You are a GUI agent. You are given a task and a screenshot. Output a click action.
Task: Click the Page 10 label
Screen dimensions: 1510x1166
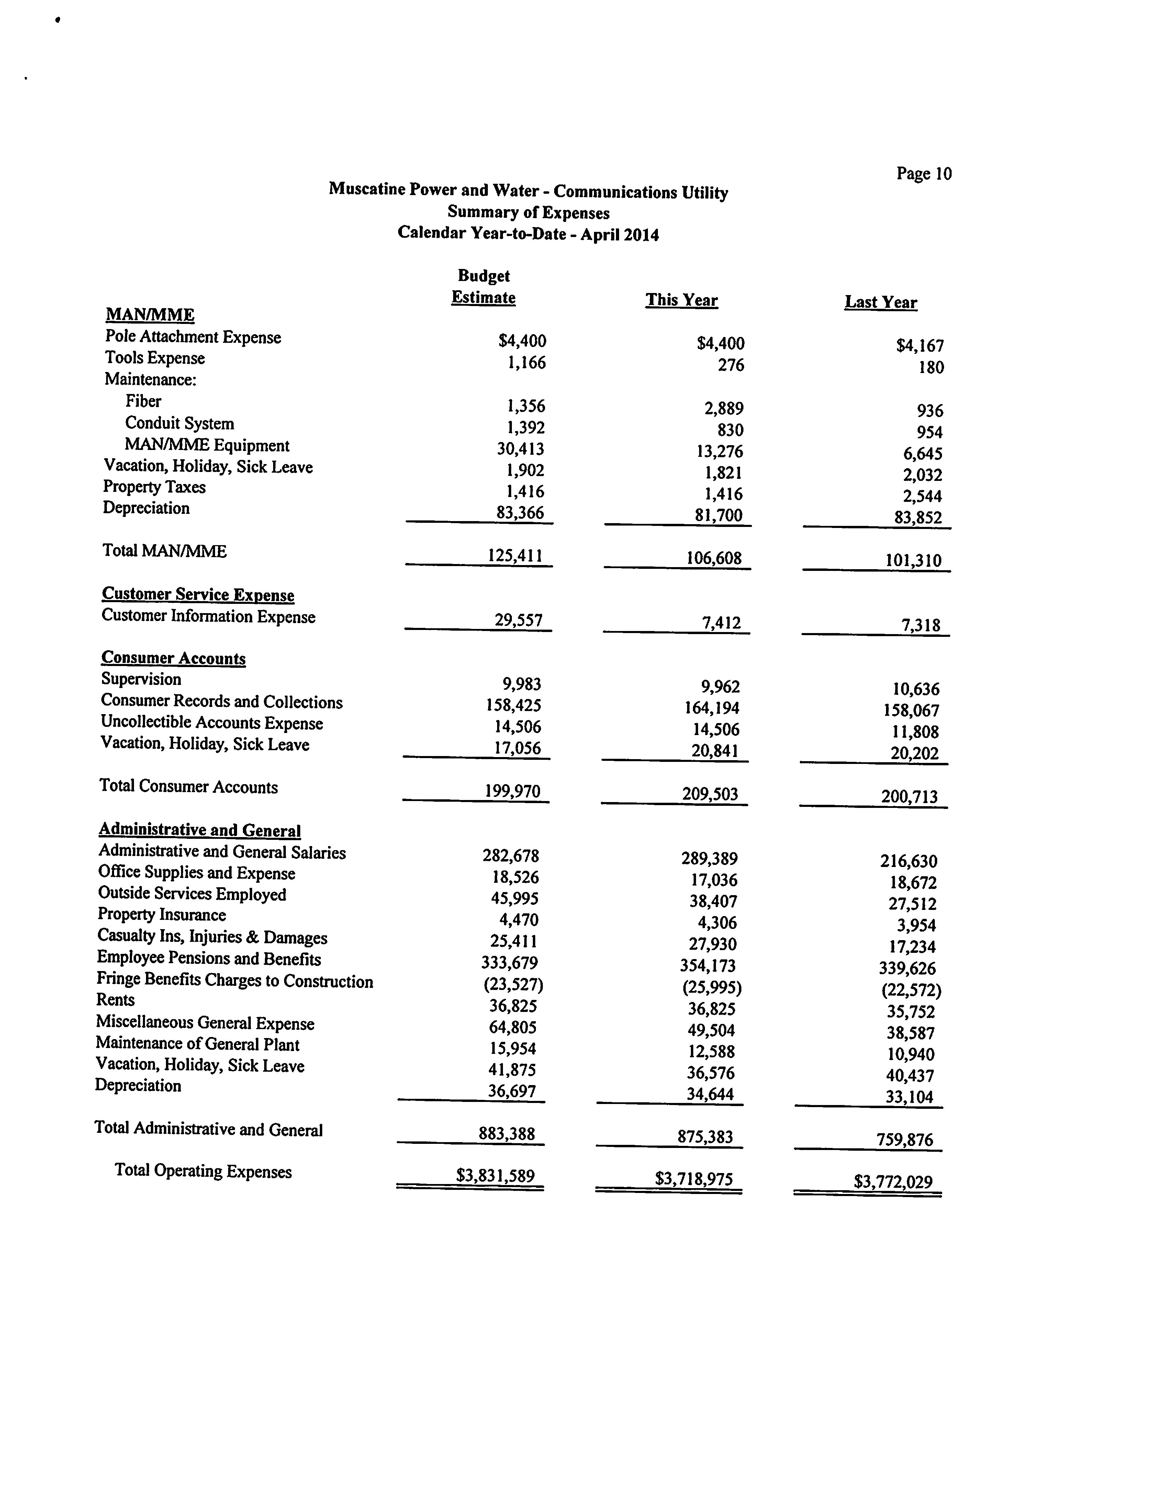[x=923, y=173]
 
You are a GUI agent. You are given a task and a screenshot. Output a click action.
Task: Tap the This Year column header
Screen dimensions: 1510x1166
[x=681, y=300]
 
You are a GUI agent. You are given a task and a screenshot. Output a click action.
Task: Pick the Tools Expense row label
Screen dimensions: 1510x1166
[x=155, y=358]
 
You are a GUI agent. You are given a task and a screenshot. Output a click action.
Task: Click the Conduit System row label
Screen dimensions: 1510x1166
[x=179, y=423]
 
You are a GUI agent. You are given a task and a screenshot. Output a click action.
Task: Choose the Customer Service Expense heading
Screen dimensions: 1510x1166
[x=198, y=595]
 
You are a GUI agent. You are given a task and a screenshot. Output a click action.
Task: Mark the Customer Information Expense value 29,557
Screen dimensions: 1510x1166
[x=518, y=620]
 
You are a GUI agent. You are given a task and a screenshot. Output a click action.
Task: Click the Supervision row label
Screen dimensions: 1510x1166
[x=141, y=679]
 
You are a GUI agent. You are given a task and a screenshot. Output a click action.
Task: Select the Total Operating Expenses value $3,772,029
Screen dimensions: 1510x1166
[x=893, y=1182]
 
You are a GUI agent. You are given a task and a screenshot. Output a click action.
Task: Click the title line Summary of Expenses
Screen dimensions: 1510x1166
[x=528, y=213]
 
